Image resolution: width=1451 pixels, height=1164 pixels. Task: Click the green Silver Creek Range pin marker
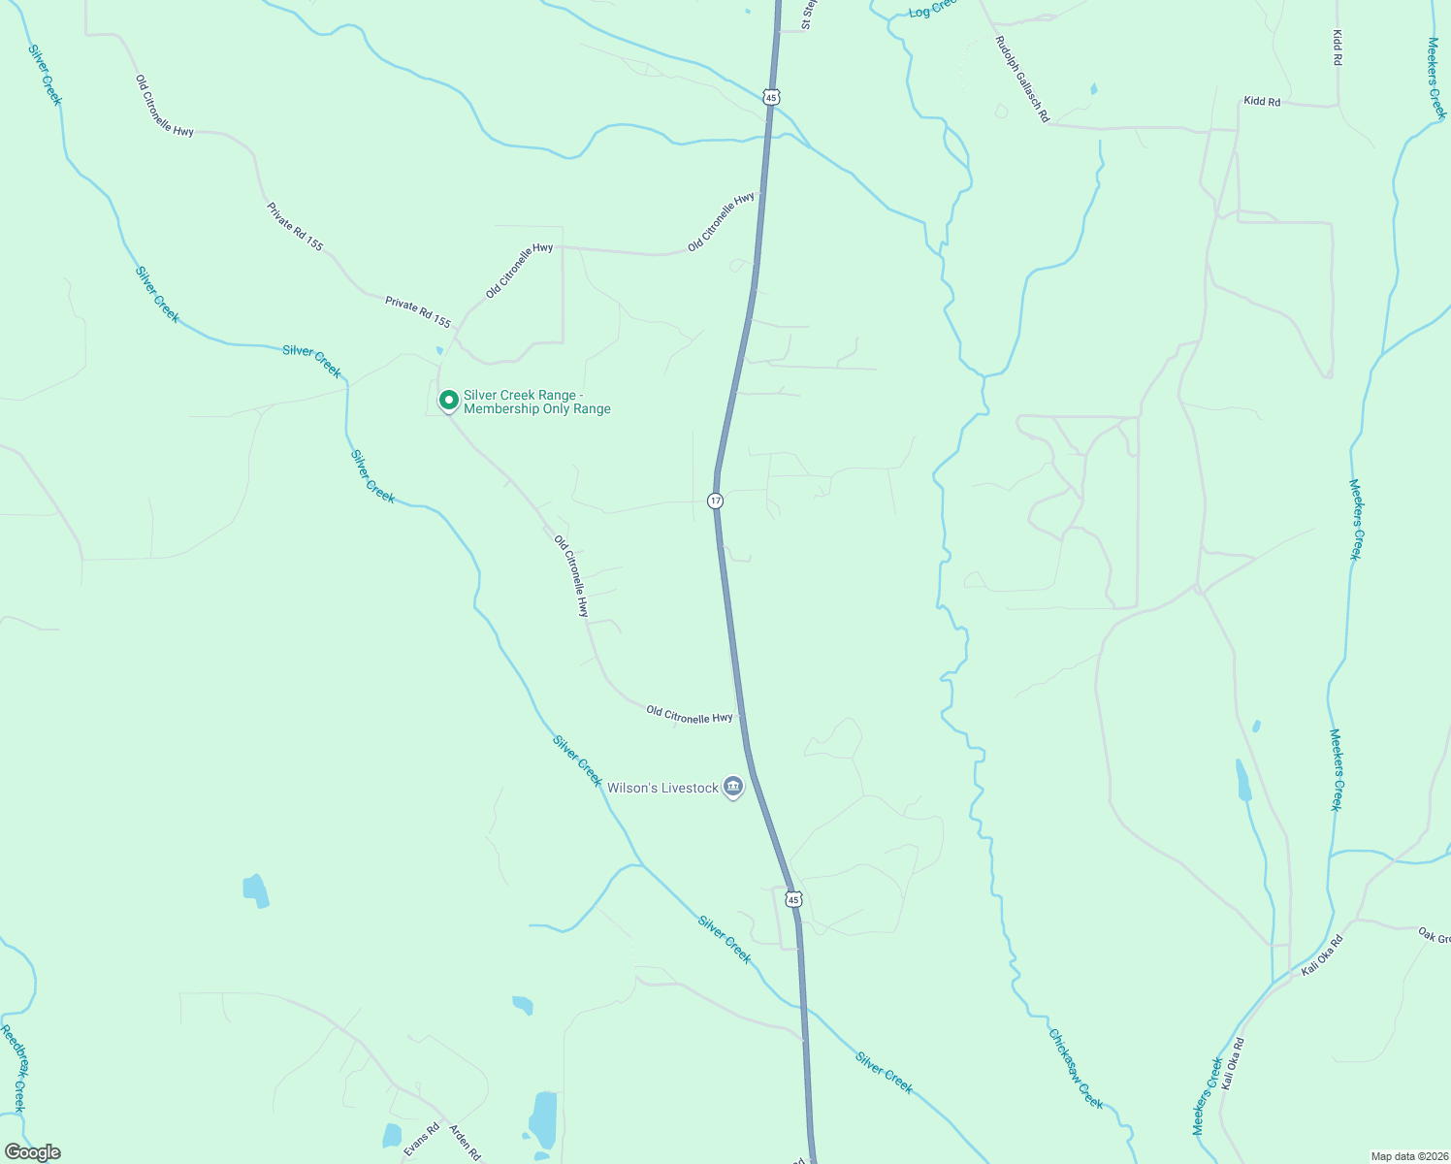click(449, 400)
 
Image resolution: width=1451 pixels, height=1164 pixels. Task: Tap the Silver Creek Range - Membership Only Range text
click(536, 402)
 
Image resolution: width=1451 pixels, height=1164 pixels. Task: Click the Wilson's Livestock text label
click(662, 788)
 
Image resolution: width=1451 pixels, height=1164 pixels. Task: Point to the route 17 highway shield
click(715, 501)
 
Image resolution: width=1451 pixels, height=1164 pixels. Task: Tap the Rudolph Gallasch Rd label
click(1021, 80)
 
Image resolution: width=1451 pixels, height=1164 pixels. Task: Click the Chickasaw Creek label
click(1076, 1068)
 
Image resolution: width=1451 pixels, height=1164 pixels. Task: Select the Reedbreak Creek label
click(13, 1068)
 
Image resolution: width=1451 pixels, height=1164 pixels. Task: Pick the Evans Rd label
click(422, 1140)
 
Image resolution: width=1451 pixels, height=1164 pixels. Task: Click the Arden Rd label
click(465, 1142)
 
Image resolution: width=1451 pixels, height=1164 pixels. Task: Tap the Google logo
click(32, 1152)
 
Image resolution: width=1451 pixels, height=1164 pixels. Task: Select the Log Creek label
click(932, 10)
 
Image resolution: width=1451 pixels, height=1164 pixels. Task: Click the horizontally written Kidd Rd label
click(1262, 102)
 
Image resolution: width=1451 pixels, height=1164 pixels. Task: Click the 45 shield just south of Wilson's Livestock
click(793, 900)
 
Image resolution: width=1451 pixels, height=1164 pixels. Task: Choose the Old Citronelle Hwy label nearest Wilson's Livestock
click(690, 717)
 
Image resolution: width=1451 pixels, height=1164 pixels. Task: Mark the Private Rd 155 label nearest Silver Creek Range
click(418, 311)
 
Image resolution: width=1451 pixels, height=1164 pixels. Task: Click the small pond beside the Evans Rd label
click(392, 1135)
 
